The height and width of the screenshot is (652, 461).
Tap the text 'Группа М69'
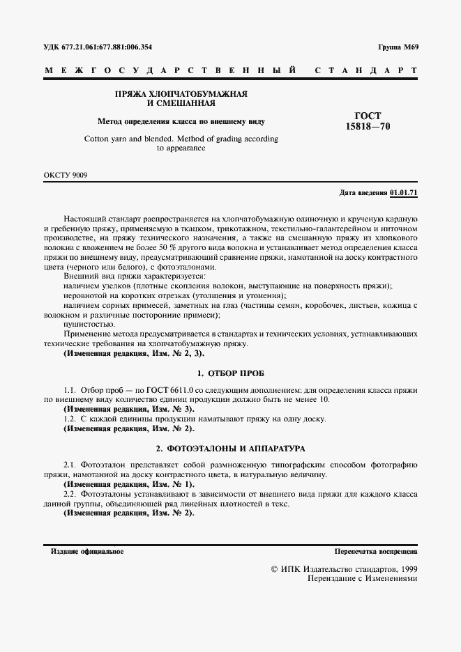point(398,47)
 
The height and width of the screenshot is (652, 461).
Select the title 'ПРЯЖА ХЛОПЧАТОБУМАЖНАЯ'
point(181,93)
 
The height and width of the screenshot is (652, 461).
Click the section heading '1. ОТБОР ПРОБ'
point(230,373)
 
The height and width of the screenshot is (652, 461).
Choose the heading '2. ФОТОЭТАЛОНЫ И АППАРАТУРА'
point(230,448)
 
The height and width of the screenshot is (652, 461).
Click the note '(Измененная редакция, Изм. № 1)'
point(128,483)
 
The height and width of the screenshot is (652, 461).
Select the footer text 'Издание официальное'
point(87,551)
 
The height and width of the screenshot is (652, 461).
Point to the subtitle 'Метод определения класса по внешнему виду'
point(181,121)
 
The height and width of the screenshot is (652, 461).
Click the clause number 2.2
point(70,493)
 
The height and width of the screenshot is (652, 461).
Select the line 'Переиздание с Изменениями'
point(358,579)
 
